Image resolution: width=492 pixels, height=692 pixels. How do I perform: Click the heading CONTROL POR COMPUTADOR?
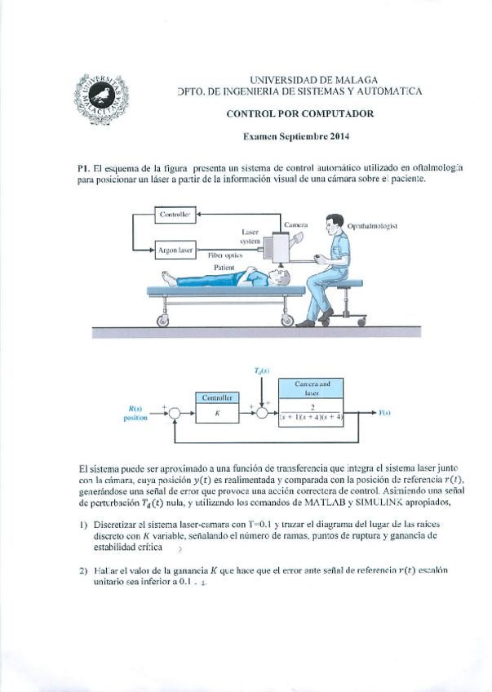click(x=300, y=114)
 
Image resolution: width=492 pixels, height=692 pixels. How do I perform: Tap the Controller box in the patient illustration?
click(x=174, y=215)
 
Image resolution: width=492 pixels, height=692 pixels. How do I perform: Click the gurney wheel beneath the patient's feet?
click(x=162, y=321)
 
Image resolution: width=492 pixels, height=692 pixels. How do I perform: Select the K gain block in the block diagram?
click(x=216, y=413)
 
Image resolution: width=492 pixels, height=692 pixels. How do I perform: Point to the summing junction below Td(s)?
click(x=262, y=414)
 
